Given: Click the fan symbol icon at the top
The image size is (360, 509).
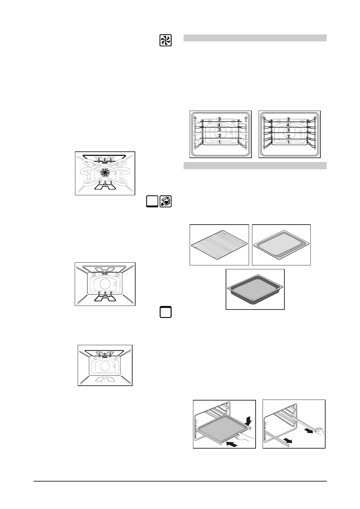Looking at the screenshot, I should [x=165, y=41].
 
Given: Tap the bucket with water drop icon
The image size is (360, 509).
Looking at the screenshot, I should [x=165, y=202].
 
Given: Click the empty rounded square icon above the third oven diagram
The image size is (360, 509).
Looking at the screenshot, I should [x=165, y=312].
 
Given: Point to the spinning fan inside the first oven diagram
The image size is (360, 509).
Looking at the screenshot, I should [x=105, y=172].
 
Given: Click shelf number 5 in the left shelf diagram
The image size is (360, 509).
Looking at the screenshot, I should [x=219, y=119].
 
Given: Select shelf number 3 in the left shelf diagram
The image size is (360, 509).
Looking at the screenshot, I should [x=220, y=130].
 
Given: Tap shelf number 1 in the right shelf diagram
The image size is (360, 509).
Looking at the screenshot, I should [x=288, y=142].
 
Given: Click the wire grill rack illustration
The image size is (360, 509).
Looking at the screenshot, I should [x=219, y=245].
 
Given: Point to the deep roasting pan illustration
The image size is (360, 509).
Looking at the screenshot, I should [x=255, y=290].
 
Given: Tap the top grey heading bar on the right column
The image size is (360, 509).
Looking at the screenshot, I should [x=255, y=38].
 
